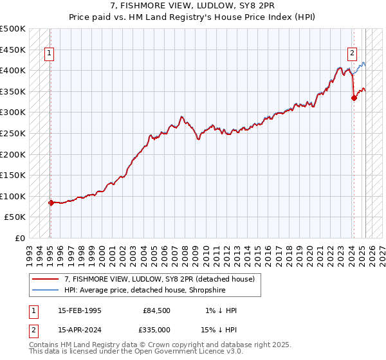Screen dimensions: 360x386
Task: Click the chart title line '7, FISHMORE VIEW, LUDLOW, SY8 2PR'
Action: point(193,6)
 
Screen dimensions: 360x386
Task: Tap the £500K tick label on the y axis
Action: point(13,29)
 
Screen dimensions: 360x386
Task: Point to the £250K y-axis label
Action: point(13,133)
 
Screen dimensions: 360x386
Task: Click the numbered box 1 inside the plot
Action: point(50,54)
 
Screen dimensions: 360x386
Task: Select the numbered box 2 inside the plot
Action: point(353,54)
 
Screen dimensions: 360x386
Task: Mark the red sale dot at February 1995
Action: point(51,203)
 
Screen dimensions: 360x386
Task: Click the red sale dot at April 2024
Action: point(354,98)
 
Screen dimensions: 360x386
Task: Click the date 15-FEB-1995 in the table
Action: point(79,310)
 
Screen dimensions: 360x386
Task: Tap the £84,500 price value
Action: point(155,310)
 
